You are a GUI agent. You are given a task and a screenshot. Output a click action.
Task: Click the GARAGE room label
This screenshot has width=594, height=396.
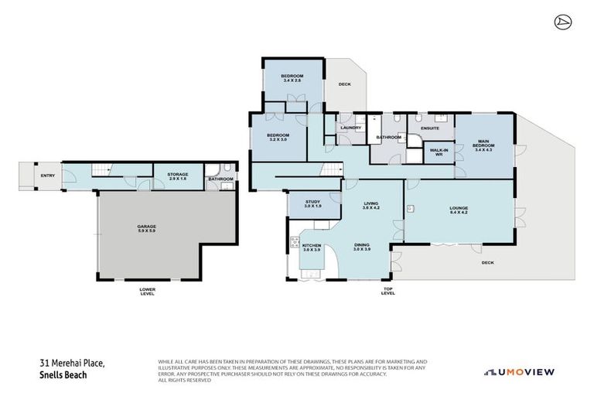point(147,226)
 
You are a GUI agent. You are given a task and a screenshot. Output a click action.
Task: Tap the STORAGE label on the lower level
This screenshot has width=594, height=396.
point(178,175)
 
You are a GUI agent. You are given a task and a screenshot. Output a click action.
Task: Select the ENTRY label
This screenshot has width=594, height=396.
point(48,176)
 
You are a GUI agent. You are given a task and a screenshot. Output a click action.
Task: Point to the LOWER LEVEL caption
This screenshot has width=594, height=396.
point(147,292)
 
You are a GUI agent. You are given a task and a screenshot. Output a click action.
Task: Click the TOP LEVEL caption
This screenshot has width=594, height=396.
point(388,292)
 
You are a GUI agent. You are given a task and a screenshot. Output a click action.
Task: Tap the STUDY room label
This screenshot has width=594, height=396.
point(312,202)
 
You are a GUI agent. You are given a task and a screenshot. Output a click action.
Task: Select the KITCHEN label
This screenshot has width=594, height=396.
point(312,246)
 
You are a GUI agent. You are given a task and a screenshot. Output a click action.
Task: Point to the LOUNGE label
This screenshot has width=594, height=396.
point(459,207)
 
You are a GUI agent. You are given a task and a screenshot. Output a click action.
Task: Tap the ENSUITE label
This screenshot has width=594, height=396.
point(430,128)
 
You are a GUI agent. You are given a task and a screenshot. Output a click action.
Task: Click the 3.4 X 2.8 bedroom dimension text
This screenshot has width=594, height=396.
point(292,80)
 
